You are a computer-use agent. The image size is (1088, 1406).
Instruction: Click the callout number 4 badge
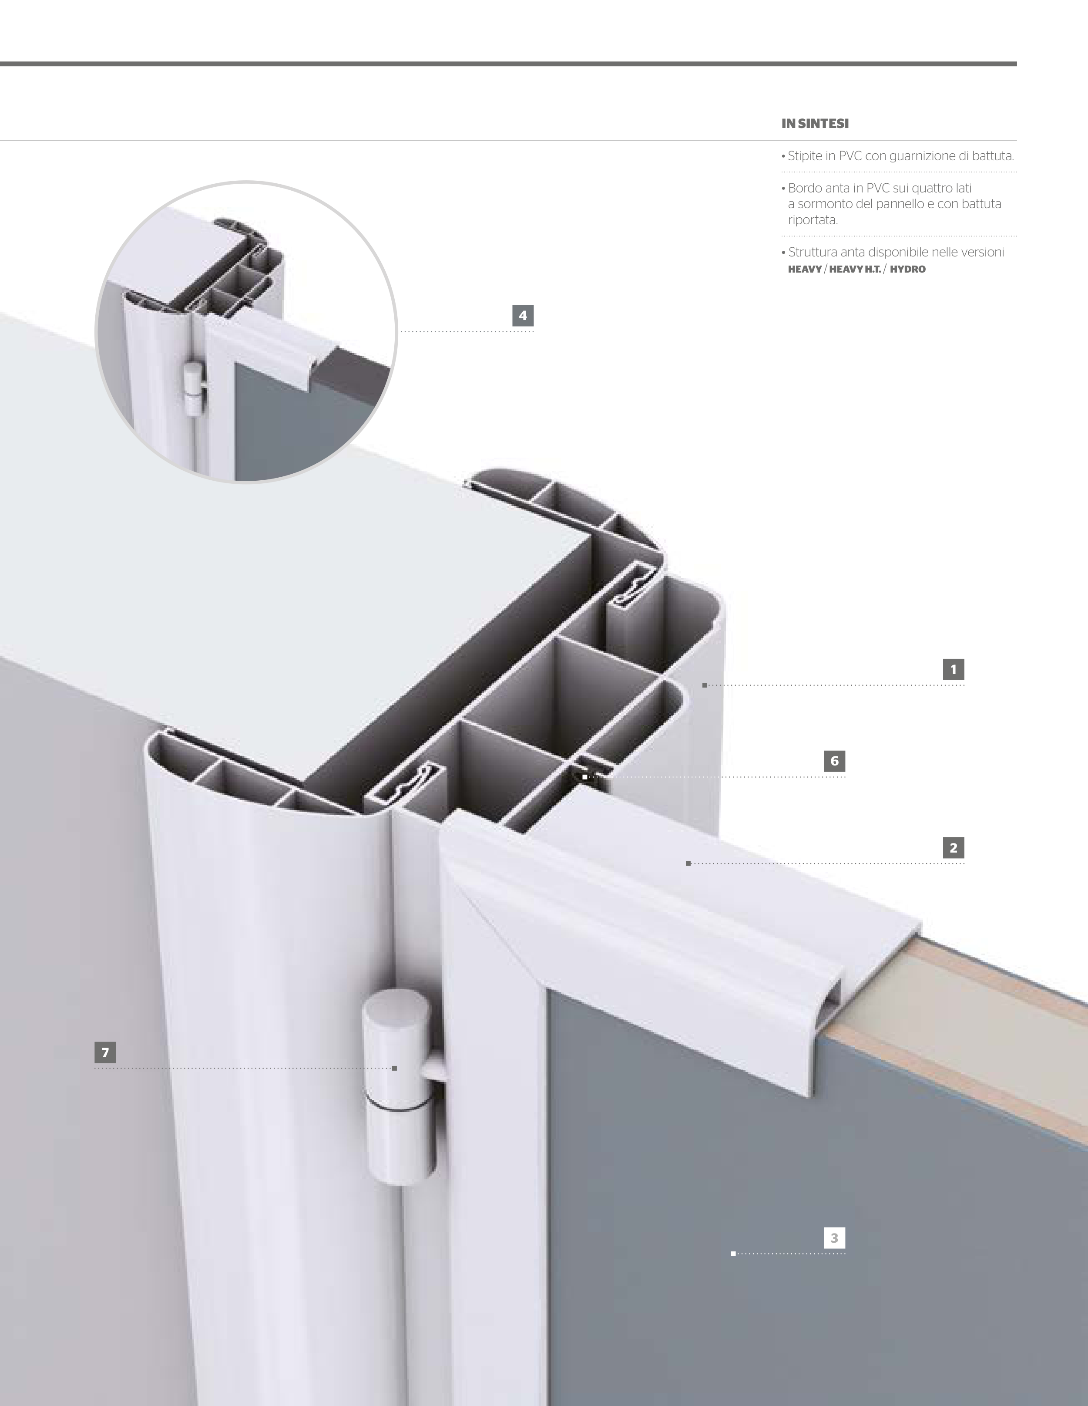522,315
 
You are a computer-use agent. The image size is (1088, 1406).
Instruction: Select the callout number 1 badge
953,670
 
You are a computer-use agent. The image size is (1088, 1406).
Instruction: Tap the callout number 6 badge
835,761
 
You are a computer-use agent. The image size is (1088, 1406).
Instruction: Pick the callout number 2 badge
953,848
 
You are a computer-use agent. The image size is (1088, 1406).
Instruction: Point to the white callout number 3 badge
835,1238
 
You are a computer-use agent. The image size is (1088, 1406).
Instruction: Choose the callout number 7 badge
105,1052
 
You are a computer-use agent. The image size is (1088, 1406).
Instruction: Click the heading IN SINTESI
815,124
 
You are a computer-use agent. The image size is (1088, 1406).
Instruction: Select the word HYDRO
907,269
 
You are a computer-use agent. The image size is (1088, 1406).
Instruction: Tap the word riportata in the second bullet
813,220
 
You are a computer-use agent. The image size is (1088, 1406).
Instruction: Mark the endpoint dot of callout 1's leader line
705,685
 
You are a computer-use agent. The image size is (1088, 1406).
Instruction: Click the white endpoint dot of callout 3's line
733,1254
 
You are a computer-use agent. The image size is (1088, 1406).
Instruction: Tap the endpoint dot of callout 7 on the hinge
394,1068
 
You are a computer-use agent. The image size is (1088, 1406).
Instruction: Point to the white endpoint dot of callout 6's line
584,777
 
